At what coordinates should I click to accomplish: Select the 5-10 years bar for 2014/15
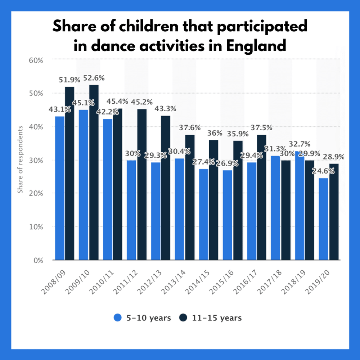204,214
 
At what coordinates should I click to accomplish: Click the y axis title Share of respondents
21,159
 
